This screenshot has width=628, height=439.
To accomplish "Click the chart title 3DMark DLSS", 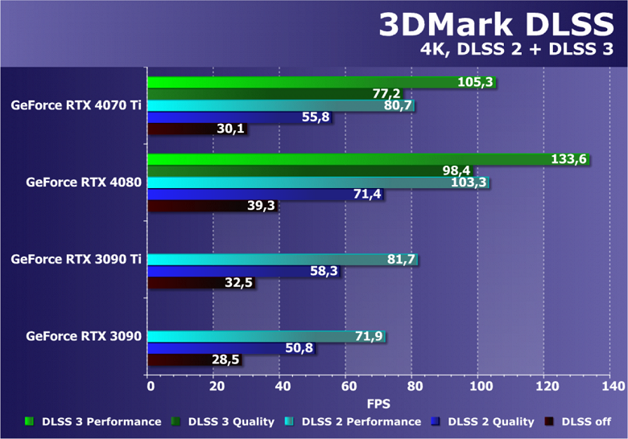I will [498, 25].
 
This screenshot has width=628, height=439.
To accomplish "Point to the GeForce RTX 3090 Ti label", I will [76, 259].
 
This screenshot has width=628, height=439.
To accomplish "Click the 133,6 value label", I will [568, 159].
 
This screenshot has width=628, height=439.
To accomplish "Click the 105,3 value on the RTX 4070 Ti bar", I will [474, 83].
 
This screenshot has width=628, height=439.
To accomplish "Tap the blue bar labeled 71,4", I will [242, 195].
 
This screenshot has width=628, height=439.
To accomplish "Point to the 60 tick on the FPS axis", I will [346, 387].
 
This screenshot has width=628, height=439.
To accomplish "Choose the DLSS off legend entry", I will [585, 421].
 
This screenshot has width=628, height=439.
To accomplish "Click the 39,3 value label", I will [262, 206].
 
